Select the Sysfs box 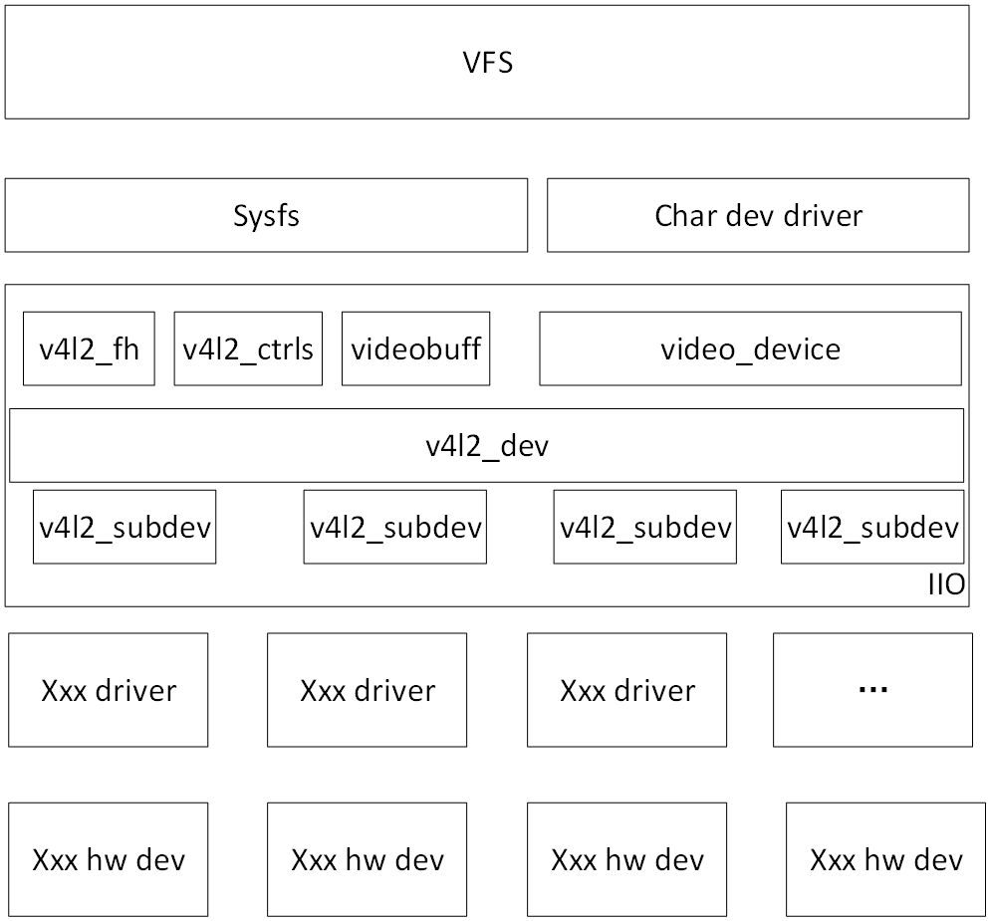tap(266, 215)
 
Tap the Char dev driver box tap(758, 215)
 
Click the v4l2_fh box tap(89, 348)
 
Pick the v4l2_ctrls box tap(248, 348)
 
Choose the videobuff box tap(415, 348)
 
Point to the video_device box tap(750, 348)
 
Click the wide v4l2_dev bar tap(487, 445)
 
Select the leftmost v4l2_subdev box tap(124, 527)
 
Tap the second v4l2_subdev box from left tap(395, 527)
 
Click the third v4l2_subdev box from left tap(645, 527)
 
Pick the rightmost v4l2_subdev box tap(872, 527)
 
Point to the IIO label tap(946, 585)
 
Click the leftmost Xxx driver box tap(109, 690)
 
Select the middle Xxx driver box tap(368, 690)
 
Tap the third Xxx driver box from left tap(626, 690)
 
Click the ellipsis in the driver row tap(872, 690)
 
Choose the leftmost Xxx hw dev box tap(109, 860)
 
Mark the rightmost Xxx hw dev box tap(885, 860)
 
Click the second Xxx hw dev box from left tap(368, 860)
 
